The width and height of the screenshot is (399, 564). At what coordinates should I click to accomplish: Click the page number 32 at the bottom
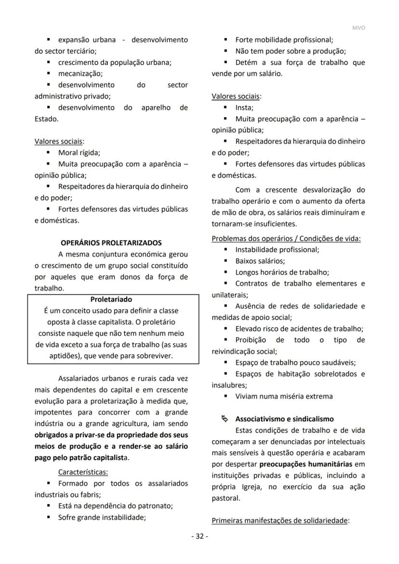point(199,537)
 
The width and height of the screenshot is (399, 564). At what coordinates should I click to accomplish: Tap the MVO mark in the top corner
point(359,28)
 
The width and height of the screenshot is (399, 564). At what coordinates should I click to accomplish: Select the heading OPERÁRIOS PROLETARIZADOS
point(111,243)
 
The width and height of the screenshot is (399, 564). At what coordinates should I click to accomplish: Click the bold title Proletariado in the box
point(111,299)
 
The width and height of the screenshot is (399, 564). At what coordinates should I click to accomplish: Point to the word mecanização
point(80,74)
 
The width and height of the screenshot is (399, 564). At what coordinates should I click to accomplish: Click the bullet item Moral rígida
point(79,153)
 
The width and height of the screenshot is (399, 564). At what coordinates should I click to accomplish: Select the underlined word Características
point(83,471)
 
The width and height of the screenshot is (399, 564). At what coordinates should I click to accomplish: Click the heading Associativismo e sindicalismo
point(284,419)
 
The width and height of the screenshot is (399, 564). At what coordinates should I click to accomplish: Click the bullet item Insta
point(244,107)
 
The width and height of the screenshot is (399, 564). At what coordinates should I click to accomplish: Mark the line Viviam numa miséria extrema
point(284,396)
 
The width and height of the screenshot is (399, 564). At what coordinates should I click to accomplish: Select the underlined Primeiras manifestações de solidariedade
point(280,521)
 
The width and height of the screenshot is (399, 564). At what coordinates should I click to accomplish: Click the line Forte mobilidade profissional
point(284,40)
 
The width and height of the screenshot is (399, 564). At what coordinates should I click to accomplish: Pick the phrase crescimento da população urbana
point(115,62)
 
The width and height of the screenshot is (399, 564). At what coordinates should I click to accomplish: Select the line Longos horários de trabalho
point(282,272)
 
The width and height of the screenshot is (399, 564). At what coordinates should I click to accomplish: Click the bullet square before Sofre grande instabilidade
point(49,518)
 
